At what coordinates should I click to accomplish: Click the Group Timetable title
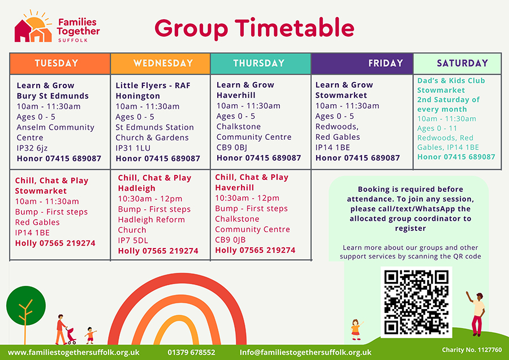pyautogui.click(x=254, y=27)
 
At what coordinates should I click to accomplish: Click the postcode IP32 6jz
pyautogui.click(x=33, y=148)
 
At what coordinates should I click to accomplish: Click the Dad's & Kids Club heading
pyautogui.click(x=451, y=80)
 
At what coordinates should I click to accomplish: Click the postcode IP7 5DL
pyautogui.click(x=133, y=241)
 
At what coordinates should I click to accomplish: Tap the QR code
pyautogui.click(x=416, y=301)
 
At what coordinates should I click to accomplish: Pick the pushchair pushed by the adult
pyautogui.click(x=71, y=335)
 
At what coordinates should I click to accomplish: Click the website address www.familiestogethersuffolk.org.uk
pyautogui.click(x=74, y=352)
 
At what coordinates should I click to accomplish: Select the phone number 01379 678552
pyautogui.click(x=191, y=352)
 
